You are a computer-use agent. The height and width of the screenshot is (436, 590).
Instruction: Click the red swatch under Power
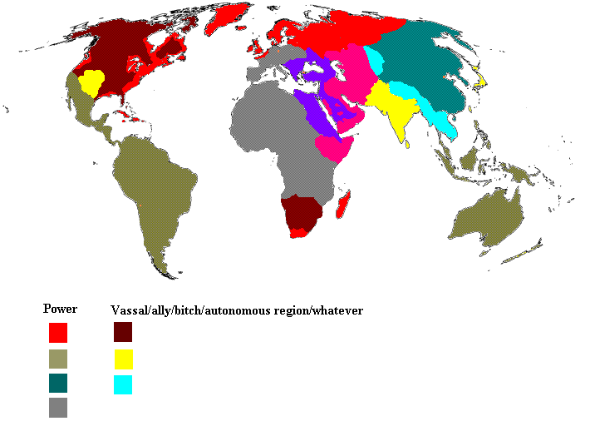[57, 333]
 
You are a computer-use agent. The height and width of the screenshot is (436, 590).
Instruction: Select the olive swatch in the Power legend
[57, 359]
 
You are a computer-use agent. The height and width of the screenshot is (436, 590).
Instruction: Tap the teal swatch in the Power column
[57, 384]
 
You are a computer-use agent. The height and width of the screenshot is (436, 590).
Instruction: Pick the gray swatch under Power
[57, 408]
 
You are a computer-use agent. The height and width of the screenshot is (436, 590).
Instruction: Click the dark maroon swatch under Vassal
[123, 333]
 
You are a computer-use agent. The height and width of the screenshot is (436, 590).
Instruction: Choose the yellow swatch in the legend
[123, 359]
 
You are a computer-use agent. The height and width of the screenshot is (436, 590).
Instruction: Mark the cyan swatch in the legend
[123, 384]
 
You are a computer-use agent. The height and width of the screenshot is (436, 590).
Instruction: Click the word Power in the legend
[60, 309]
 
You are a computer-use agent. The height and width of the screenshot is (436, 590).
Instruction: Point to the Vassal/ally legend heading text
[237, 310]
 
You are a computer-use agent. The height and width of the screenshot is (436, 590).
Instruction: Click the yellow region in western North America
[91, 82]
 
